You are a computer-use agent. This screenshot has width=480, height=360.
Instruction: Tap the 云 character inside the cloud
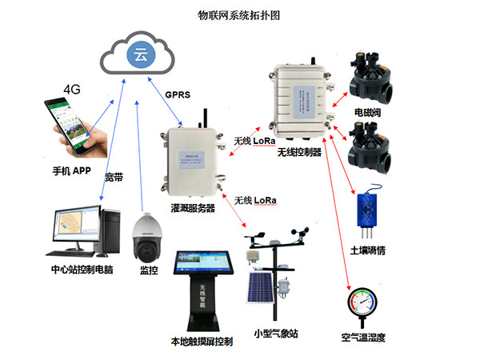[x=140, y=55]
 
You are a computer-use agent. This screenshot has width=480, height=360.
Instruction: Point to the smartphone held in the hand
[x=68, y=122]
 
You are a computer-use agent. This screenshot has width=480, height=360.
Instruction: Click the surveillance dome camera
[x=148, y=235]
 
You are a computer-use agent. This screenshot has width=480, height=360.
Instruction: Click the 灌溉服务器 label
[x=192, y=208]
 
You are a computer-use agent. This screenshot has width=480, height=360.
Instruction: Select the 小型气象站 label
[x=275, y=333]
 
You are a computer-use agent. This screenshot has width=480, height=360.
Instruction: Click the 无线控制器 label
[x=298, y=151]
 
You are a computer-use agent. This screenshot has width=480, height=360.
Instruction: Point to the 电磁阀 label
[x=367, y=114]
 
